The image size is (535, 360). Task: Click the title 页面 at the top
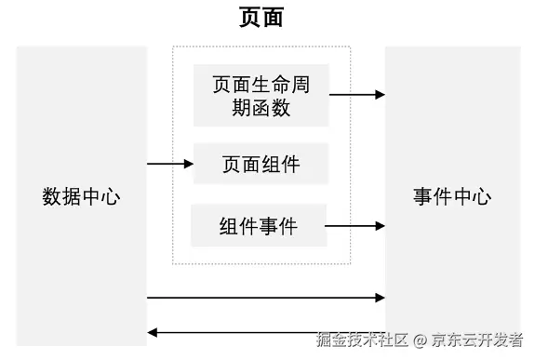click(261, 18)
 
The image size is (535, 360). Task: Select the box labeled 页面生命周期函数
click(261, 95)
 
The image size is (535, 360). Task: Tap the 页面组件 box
click(261, 165)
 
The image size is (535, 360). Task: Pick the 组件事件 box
click(259, 225)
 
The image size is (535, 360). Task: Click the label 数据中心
click(82, 197)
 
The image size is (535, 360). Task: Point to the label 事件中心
click(451, 197)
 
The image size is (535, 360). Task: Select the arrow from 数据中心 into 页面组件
click(170, 165)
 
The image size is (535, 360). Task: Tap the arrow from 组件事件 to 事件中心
click(355, 225)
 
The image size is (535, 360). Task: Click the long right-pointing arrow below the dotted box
click(266, 298)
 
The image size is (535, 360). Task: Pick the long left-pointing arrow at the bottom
click(266, 332)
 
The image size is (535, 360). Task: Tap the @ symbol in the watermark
click(421, 340)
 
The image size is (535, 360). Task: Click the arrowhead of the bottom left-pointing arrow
click(154, 332)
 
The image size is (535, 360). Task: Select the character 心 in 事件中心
click(481, 197)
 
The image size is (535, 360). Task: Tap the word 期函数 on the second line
click(261, 108)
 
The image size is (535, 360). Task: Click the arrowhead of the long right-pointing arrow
click(380, 298)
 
